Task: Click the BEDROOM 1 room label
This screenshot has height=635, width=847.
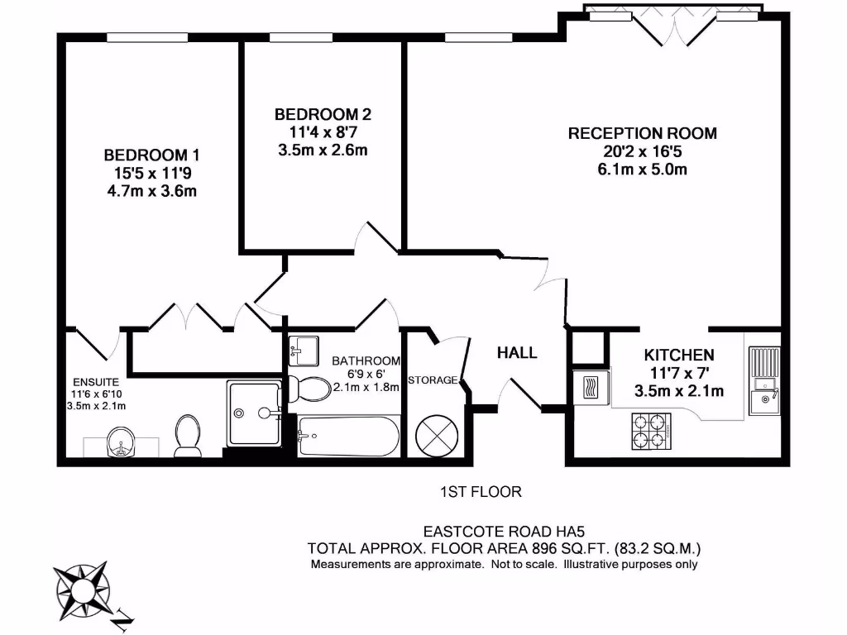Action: pyautogui.click(x=151, y=155)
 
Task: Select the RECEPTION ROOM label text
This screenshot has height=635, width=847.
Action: pyautogui.click(x=642, y=133)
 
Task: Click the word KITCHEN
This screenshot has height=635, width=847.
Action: pyautogui.click(x=679, y=355)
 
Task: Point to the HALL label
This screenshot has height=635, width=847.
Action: pyautogui.click(x=517, y=353)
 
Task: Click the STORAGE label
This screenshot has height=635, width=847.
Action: pyautogui.click(x=432, y=380)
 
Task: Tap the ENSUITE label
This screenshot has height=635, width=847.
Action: pyautogui.click(x=95, y=382)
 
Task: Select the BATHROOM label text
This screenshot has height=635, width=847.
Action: pyautogui.click(x=366, y=361)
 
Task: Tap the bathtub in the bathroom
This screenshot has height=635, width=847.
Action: pyautogui.click(x=347, y=435)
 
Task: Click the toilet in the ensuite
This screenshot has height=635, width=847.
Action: pyautogui.click(x=188, y=435)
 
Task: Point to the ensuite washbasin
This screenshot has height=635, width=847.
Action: pyautogui.click(x=121, y=443)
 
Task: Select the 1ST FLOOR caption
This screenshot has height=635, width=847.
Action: pyautogui.click(x=481, y=492)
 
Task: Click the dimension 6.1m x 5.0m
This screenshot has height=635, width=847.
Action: pyautogui.click(x=642, y=169)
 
